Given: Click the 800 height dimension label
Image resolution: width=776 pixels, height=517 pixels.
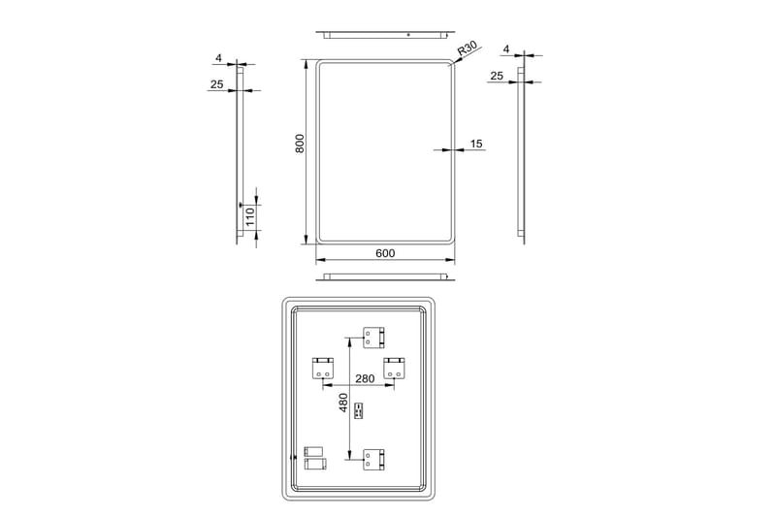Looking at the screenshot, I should pos(301,144).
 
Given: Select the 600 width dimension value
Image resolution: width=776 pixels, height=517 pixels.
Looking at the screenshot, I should pos(384,253).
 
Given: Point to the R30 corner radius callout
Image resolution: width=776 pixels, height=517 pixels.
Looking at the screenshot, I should pos(469,48).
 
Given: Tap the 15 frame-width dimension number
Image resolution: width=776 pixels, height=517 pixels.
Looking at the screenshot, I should pos(475,144).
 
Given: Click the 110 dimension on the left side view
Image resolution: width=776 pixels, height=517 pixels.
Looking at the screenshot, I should pos(249,215).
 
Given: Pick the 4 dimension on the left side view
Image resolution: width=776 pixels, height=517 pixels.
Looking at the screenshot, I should pos(220,58).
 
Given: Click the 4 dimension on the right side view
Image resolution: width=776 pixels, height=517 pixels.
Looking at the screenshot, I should pos(506,48).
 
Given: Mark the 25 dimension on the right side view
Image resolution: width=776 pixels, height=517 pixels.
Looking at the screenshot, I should pos(497,76).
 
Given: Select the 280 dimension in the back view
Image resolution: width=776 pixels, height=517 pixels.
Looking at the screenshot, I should pos(365,379).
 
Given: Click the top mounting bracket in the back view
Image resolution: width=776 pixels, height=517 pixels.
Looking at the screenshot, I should pos(374,338).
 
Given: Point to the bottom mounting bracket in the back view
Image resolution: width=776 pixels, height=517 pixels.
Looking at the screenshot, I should pos(374,460).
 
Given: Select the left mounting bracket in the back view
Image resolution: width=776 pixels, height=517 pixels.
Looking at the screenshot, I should pos(323,369).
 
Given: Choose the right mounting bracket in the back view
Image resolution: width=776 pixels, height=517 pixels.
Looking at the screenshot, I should pos(394,369).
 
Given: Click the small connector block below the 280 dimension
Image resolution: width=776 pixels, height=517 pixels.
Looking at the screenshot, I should pos(358,411).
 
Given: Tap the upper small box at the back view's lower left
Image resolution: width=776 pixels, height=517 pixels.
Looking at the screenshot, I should pos(312,451).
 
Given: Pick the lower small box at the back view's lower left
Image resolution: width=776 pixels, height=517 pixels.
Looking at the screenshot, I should pos(312,465).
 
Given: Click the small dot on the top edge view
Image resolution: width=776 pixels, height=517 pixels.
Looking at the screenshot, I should pos(408,35).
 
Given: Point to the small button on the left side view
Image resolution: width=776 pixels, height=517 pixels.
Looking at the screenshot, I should pos(240,205).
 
